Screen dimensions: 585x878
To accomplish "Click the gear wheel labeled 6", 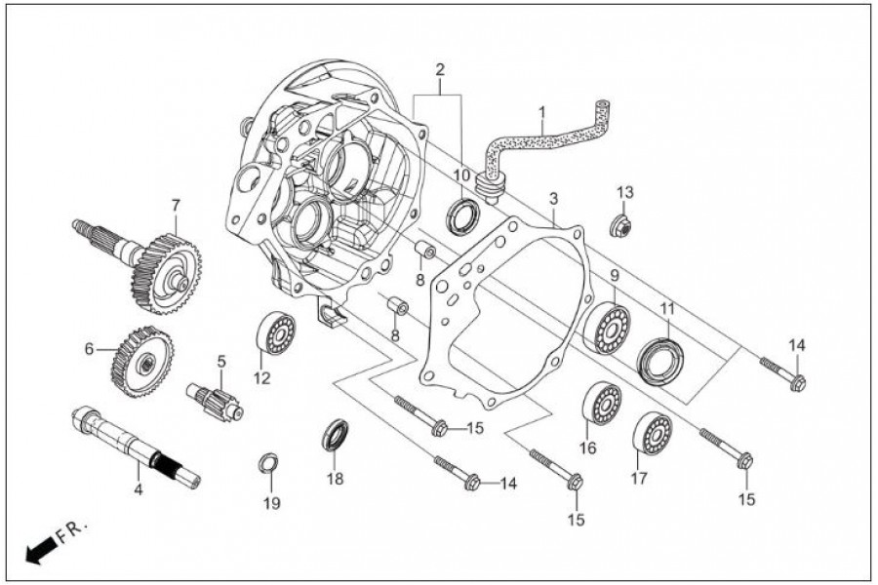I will click(142, 361).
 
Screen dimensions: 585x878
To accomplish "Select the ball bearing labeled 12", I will click(275, 333).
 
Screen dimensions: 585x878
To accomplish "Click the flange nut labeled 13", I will click(620, 226).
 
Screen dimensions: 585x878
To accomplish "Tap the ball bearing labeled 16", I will click(602, 404).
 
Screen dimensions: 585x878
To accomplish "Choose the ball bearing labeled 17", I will click(652, 433).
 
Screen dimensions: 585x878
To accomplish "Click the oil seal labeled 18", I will click(335, 434).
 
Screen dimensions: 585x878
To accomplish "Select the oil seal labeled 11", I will click(659, 361).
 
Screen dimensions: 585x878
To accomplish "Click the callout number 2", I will click(440, 70).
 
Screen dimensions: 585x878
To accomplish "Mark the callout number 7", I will click(176, 206).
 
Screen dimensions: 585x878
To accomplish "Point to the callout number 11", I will click(667, 308).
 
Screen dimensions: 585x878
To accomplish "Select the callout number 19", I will click(271, 503).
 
